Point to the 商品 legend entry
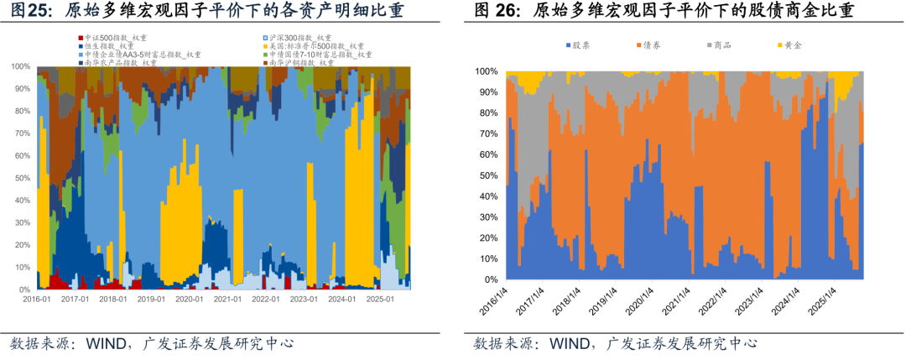click(722, 44)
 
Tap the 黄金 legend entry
click(793, 44)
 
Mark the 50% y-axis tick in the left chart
click(23, 178)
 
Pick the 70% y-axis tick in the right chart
click(487, 134)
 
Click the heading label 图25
click(28, 11)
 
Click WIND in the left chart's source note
click(106, 344)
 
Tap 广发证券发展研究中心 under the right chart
click(687, 344)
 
